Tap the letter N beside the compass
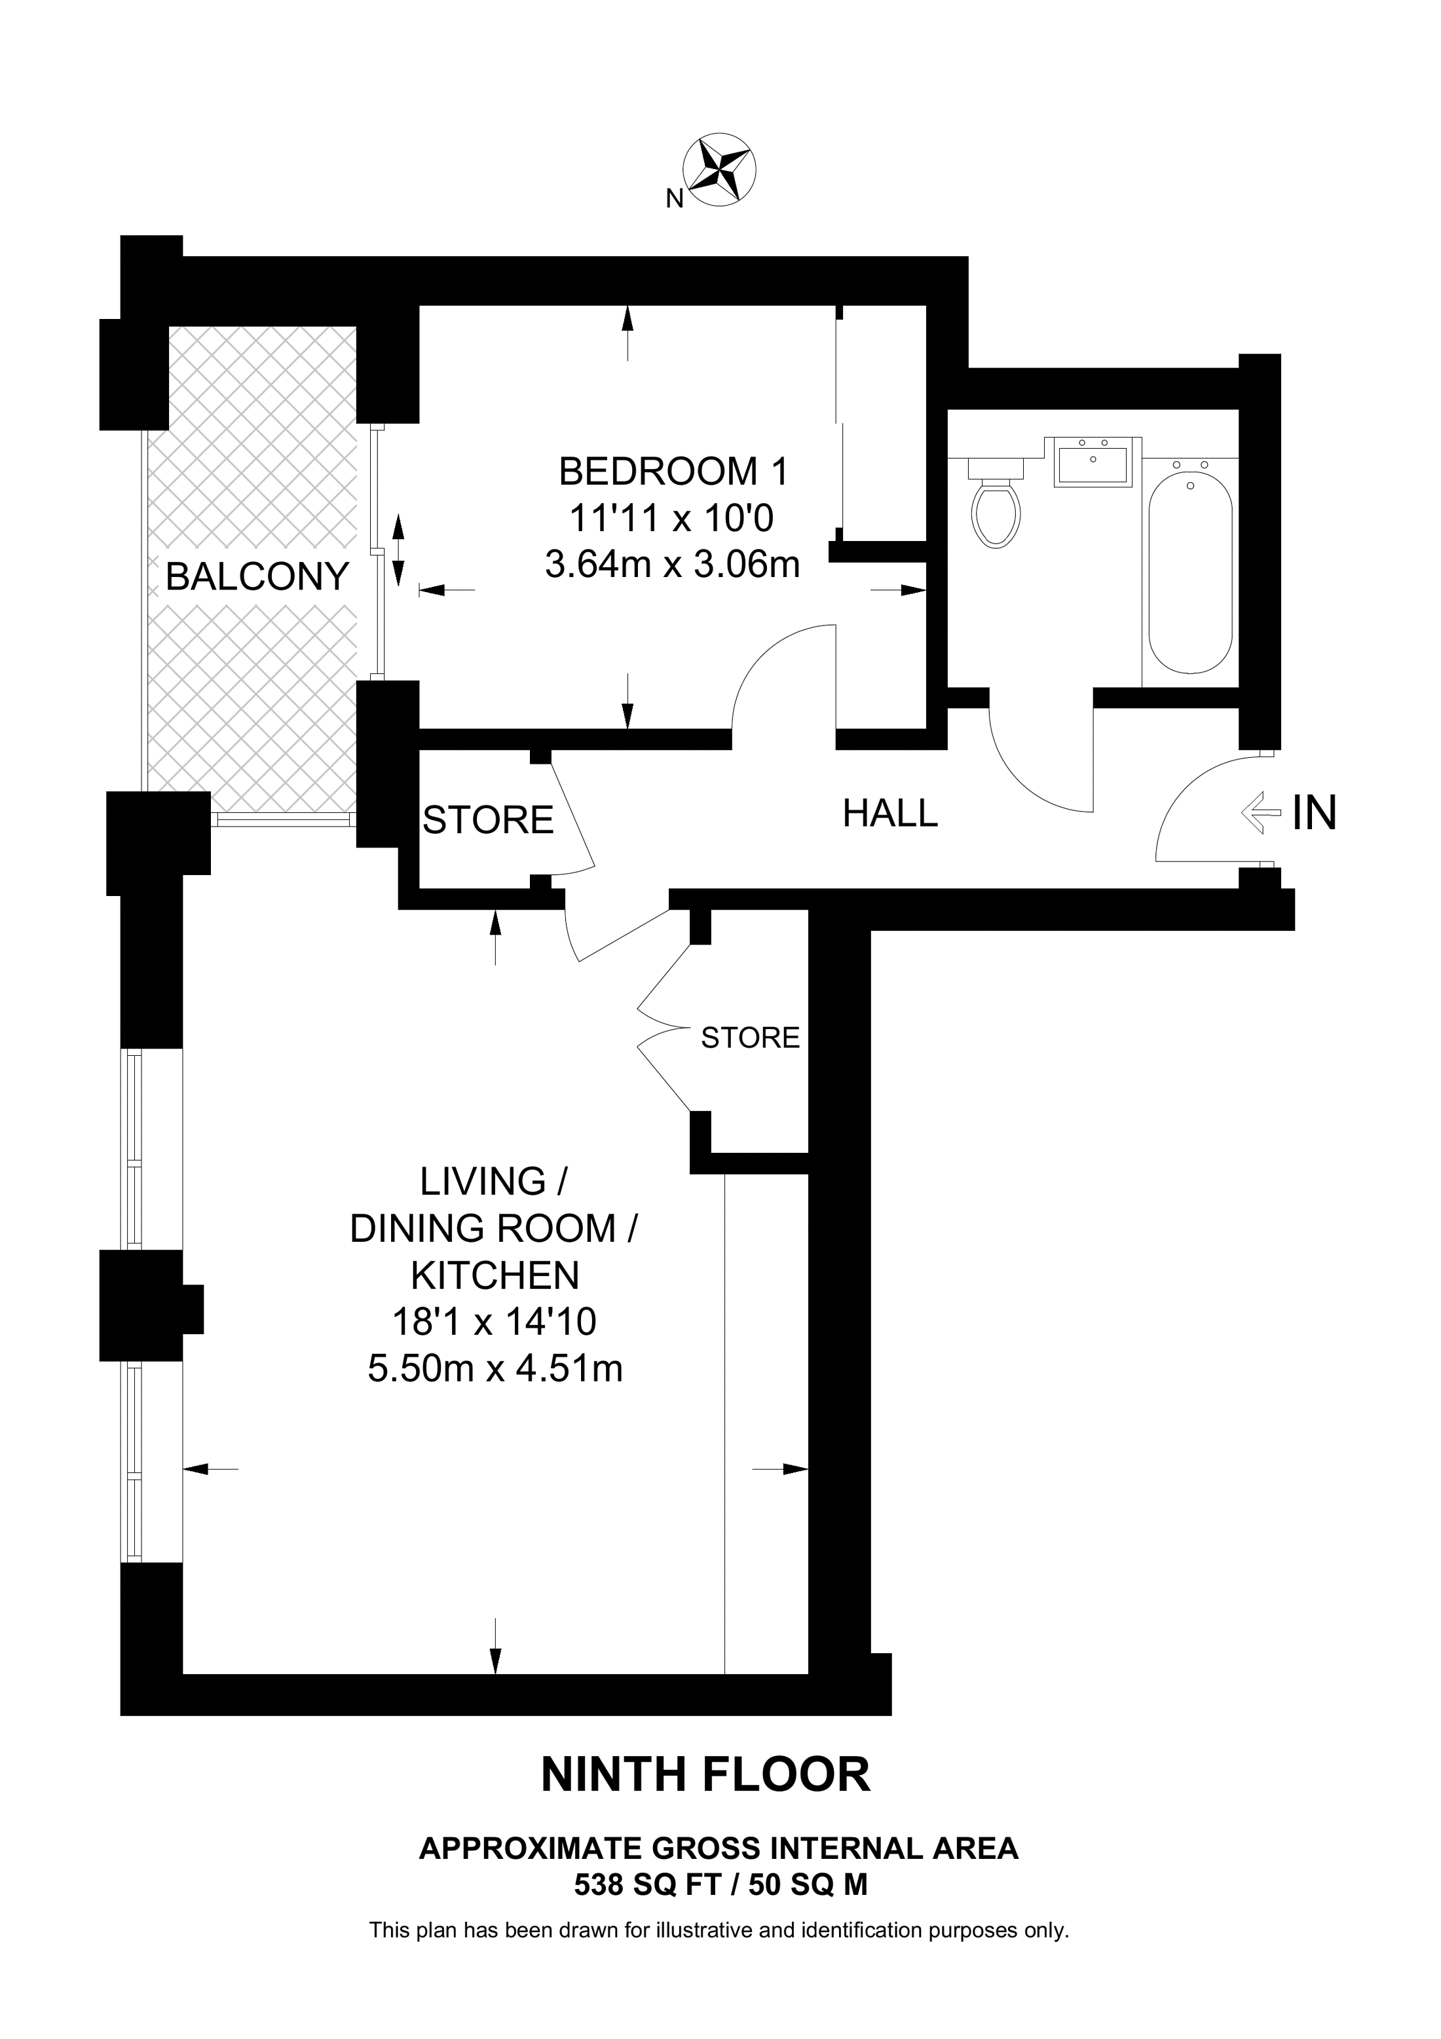click(x=674, y=200)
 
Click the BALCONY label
click(x=257, y=577)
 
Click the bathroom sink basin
click(x=1093, y=462)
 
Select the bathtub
click(x=1189, y=573)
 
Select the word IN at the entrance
click(x=1314, y=813)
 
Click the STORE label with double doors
click(x=750, y=1038)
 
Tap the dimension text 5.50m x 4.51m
click(x=495, y=1368)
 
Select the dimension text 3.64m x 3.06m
click(x=672, y=564)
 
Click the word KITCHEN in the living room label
click(x=495, y=1275)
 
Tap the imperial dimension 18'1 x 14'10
click(x=495, y=1322)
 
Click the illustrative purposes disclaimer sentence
click(x=719, y=1930)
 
